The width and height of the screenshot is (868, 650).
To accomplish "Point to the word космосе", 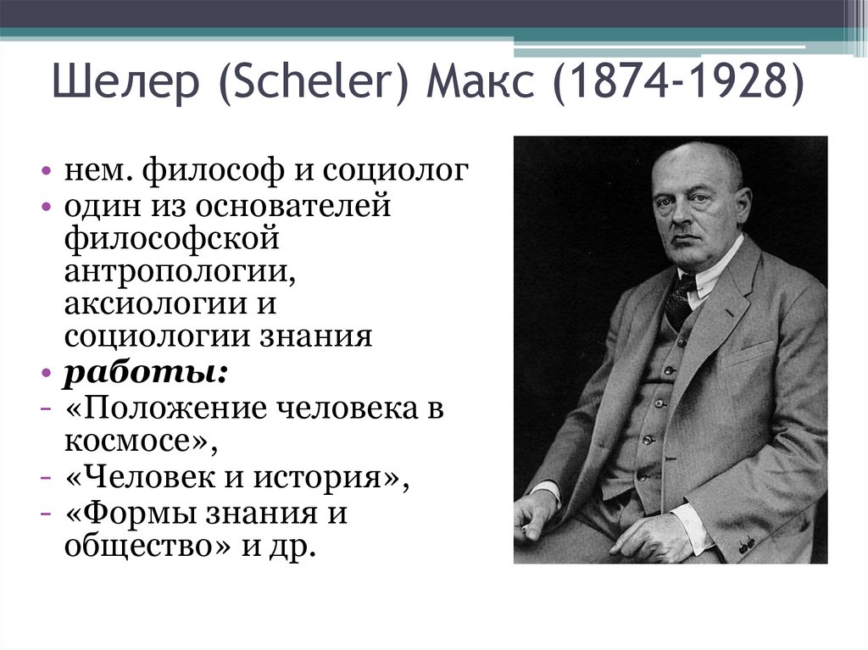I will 131,441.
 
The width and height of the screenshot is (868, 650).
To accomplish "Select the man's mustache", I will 687,235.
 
